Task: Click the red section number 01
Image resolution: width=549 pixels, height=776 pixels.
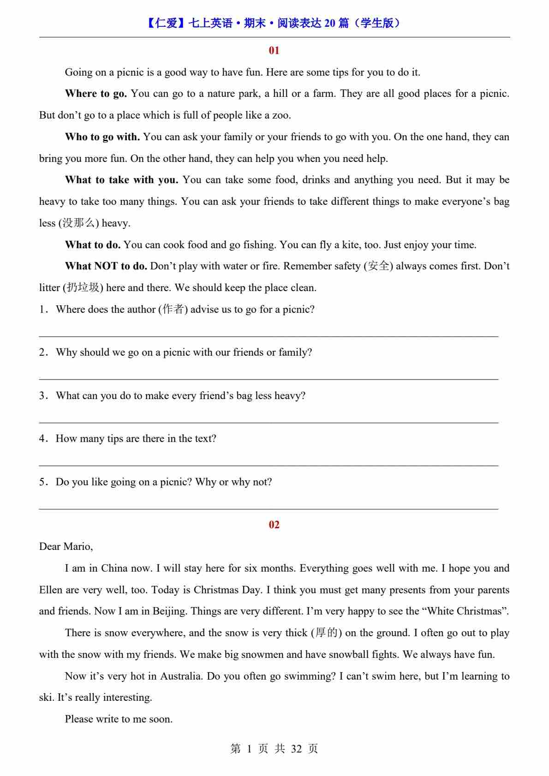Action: [x=274, y=50]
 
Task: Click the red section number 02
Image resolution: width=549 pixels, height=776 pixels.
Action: [x=274, y=525]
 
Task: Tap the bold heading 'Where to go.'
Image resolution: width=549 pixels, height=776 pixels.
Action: [x=96, y=94]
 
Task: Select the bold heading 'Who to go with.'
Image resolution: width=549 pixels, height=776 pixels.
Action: [x=102, y=137]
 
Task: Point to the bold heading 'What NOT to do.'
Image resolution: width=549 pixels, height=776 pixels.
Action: [x=106, y=266]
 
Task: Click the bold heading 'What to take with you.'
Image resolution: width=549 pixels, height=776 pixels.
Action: [x=122, y=180]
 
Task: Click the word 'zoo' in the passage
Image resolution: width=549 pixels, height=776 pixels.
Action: [x=280, y=115]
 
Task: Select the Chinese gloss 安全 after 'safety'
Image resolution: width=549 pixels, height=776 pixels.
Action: [x=378, y=266]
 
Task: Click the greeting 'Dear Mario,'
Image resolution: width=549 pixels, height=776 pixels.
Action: [x=66, y=547]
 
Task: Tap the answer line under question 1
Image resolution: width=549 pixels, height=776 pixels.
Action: [x=269, y=335]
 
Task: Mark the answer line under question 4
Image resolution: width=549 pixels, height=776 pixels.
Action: [x=269, y=465]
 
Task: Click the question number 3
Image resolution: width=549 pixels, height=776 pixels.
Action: [x=42, y=396]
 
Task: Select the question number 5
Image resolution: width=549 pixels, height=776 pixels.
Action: [x=42, y=482]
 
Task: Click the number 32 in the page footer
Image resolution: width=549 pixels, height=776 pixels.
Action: [x=296, y=748]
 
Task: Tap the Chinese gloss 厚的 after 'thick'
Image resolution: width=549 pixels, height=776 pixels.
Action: [x=326, y=633]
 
